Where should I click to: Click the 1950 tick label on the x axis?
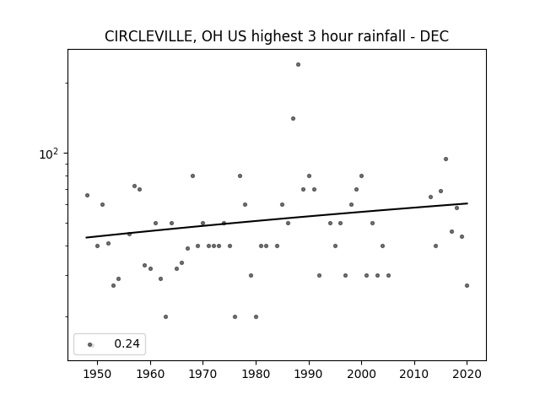coord(98,374)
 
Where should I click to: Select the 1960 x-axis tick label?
coord(150,374)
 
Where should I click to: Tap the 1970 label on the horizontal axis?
coord(202,374)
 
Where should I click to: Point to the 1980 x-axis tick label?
coord(256,374)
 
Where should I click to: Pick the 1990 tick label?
coord(309,374)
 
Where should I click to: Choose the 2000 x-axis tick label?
coord(361,374)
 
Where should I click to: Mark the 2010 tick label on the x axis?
coord(414,374)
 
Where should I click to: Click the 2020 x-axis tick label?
coord(467,374)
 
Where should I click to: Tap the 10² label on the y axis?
coord(49,154)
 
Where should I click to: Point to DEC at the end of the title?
coord(434,36)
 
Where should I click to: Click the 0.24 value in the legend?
coord(127,343)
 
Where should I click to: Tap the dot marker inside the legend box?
coord(89,344)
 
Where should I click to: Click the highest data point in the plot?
coord(298,64)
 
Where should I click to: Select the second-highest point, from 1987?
coord(293,118)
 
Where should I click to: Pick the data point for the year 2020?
coord(467,285)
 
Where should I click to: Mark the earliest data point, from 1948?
coord(87,195)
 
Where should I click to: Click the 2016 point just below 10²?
coord(445,159)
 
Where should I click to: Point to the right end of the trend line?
coord(467,203)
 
